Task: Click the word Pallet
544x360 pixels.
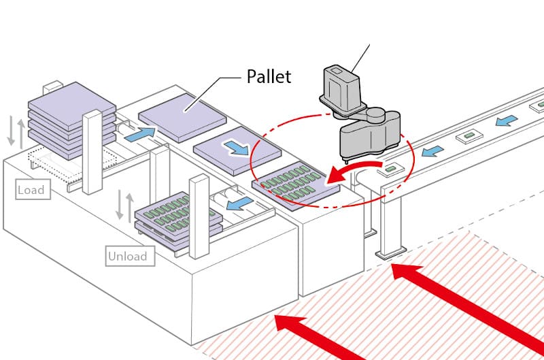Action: (268, 76)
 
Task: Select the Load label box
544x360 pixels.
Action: (31, 190)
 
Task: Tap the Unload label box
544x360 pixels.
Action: (126, 257)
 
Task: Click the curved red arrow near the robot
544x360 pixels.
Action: (347, 173)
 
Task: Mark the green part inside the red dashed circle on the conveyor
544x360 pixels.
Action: (392, 167)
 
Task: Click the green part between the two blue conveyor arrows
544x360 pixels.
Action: (469, 137)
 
